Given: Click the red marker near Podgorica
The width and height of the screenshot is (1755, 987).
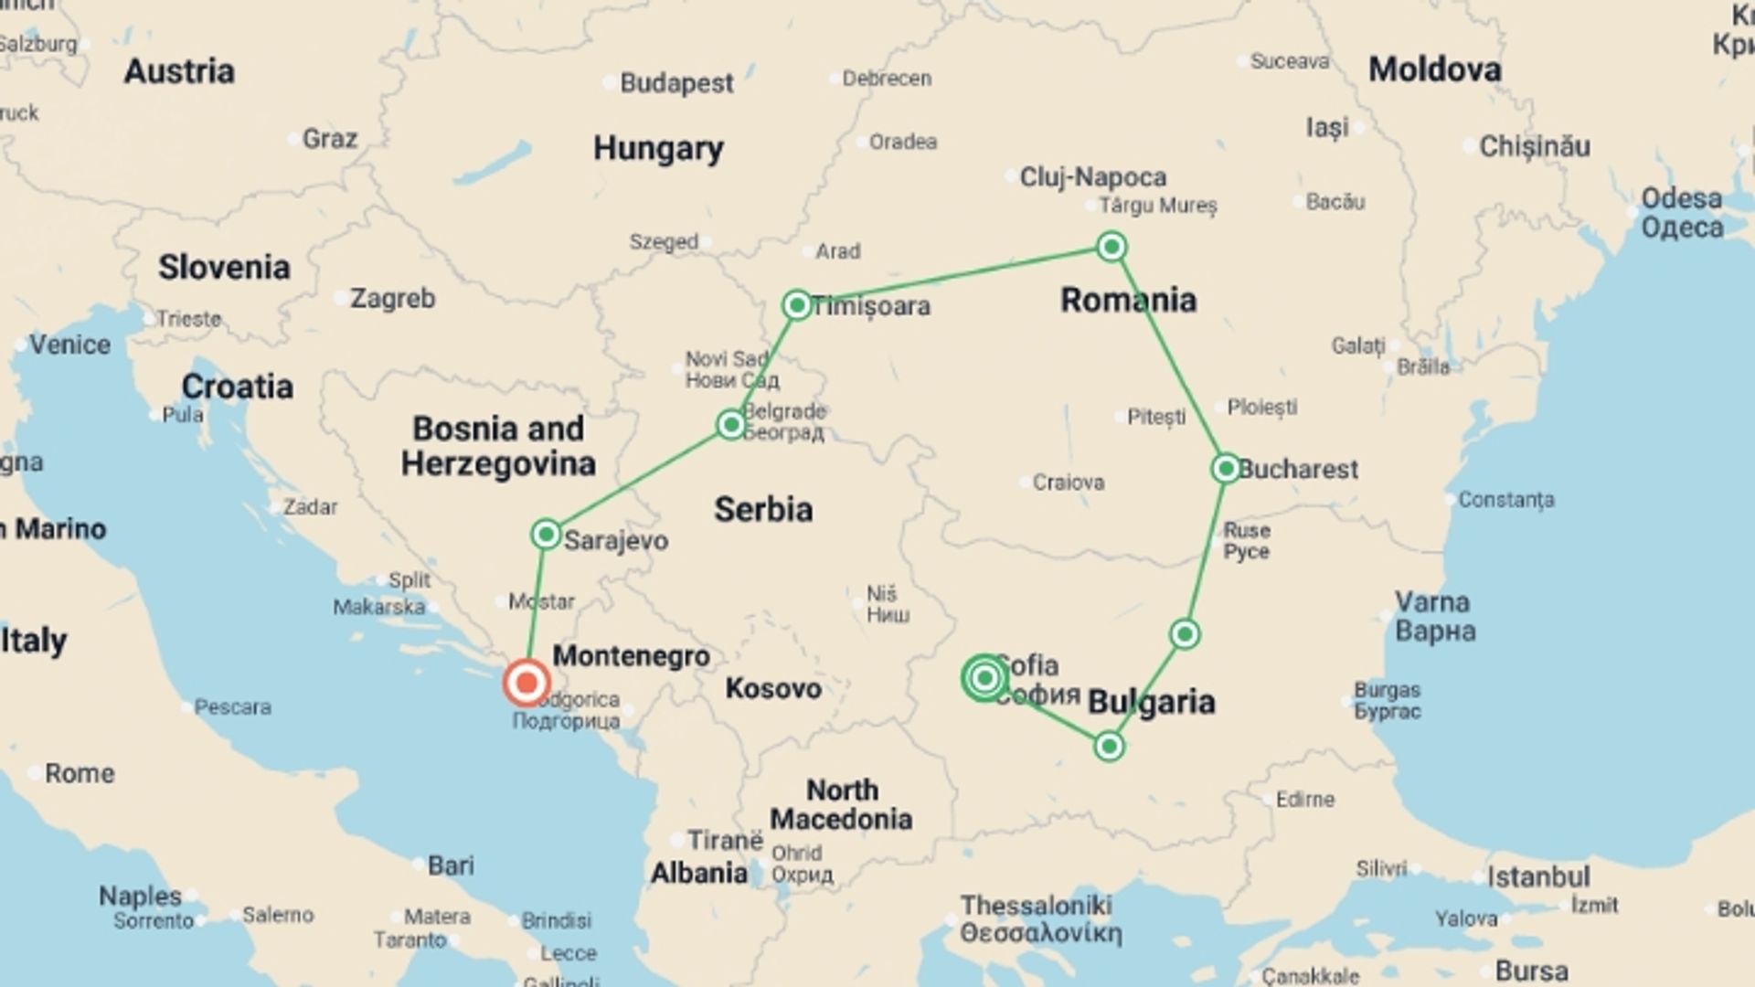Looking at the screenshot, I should click(526, 682).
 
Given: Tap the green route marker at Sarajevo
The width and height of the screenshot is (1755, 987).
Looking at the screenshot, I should click(546, 534).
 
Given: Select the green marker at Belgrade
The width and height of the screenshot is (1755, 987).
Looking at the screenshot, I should click(730, 424).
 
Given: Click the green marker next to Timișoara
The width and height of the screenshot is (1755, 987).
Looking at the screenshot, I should click(797, 304).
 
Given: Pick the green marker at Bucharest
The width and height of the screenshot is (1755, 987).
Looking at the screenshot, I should click(1225, 468).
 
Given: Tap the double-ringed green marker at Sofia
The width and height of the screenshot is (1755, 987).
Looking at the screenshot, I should click(984, 678).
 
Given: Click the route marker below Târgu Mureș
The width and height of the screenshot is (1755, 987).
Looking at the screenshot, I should click(1111, 247).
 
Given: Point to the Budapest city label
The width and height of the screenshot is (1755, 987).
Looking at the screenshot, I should click(675, 83).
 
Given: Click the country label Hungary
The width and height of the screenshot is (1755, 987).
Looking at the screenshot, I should click(658, 148).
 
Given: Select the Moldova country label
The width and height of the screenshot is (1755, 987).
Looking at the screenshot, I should click(1434, 69).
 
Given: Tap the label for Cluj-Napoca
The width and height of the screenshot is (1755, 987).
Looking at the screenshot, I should click(1092, 176).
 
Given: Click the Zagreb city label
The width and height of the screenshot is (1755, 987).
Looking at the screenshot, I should click(392, 298).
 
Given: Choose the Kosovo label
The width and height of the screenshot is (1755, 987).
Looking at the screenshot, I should click(773, 688).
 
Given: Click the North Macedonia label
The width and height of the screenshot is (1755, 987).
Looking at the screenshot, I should click(841, 804).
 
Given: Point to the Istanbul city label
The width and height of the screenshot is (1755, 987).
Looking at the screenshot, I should click(1538, 877).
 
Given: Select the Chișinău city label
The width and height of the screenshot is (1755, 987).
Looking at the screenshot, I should click(1534, 146).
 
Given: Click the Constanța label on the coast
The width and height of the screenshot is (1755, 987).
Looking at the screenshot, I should click(1505, 500).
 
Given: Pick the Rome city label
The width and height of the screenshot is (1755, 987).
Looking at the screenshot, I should click(80, 773).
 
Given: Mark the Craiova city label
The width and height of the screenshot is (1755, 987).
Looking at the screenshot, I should click(1068, 482).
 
